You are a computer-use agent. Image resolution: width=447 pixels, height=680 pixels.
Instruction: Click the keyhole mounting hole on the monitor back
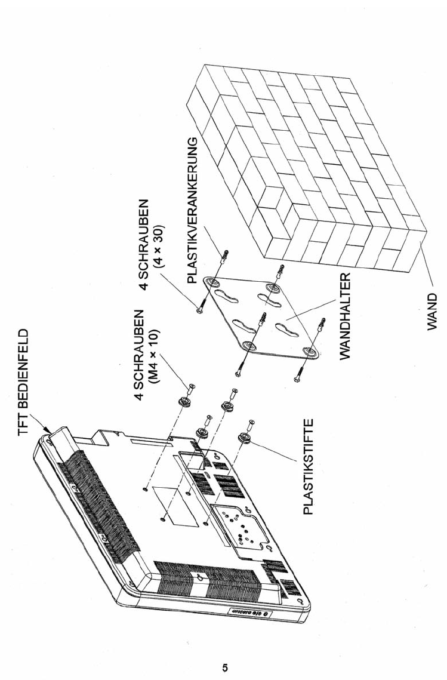[199, 578]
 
